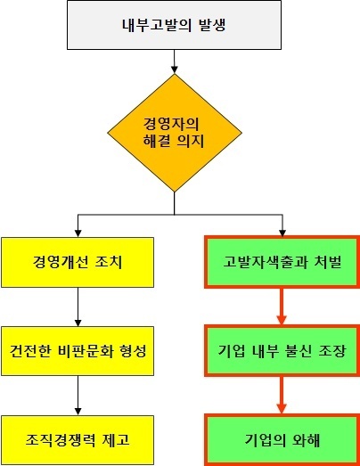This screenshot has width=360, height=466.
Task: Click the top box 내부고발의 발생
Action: (174, 25)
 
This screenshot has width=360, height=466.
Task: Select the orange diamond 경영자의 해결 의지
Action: (175, 133)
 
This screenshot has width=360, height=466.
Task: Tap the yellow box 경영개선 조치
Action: (78, 262)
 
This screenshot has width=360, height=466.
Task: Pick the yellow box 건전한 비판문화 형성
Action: (78, 351)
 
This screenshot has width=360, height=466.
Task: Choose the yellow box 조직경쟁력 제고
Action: (78, 440)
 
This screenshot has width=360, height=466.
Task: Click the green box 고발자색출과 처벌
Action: (282, 262)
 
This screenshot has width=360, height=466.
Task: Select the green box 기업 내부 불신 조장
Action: (282, 351)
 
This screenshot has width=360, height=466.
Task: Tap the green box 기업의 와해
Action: (282, 440)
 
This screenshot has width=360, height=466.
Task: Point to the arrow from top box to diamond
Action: (175, 61)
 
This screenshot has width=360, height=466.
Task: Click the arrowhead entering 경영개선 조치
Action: (78, 233)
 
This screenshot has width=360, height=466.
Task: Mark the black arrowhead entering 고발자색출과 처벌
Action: (282, 233)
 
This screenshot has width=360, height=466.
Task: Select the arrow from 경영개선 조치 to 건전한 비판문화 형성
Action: (78, 307)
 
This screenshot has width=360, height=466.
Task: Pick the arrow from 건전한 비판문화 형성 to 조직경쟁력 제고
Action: (78, 396)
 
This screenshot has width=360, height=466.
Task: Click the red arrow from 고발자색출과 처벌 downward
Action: (282, 307)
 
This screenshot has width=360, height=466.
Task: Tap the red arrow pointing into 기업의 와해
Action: (282, 396)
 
